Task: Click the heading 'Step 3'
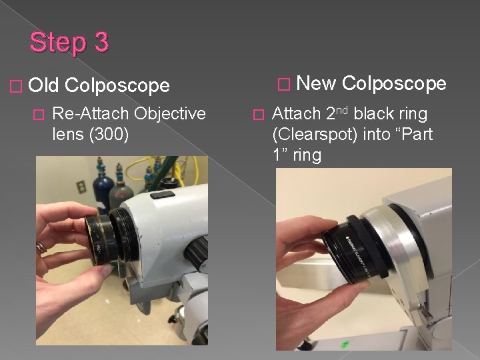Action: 69,43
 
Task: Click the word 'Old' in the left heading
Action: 45,85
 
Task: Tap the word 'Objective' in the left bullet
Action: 170,113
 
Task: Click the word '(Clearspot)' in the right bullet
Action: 316,135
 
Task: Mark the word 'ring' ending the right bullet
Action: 306,155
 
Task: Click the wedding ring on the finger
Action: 41,247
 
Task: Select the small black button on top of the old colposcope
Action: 162,195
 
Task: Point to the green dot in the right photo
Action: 345,345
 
